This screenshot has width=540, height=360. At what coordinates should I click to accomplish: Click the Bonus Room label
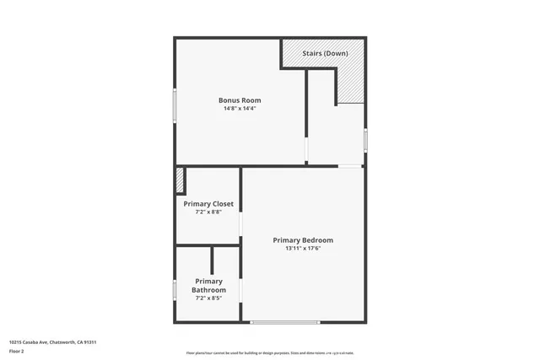click(x=239, y=99)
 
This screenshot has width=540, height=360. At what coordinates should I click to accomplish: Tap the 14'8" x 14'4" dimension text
click(x=239, y=109)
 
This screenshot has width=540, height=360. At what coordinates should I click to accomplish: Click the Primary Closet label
click(x=208, y=203)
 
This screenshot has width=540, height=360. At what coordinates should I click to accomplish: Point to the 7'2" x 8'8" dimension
click(x=208, y=212)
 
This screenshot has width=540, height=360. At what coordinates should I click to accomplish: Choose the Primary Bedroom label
click(x=303, y=240)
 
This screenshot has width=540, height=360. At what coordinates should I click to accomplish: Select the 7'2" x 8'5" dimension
click(x=208, y=298)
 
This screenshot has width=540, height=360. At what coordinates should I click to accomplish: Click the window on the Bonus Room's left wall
click(x=175, y=109)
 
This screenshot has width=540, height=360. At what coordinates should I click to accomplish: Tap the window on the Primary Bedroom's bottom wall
click(x=284, y=321)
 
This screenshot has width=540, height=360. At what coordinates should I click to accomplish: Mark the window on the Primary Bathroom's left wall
click(x=175, y=290)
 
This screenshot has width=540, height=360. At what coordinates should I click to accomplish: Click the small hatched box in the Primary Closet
click(x=180, y=180)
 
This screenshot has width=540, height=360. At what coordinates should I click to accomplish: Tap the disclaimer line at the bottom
click(x=269, y=353)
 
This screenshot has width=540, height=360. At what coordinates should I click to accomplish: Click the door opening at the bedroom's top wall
click(x=350, y=166)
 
